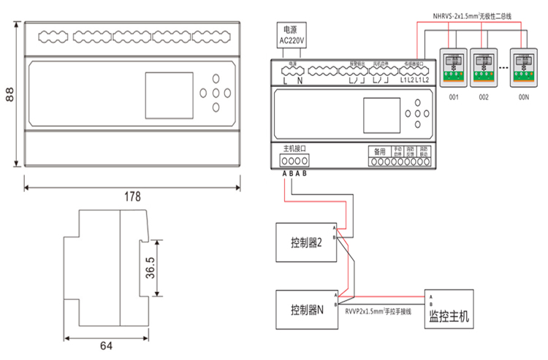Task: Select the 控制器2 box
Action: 306,243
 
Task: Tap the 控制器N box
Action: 306,309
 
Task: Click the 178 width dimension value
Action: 132,196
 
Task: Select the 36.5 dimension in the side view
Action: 150,269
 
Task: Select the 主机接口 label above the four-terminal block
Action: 294,148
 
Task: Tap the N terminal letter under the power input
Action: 300,80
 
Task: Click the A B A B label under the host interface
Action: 294,174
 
